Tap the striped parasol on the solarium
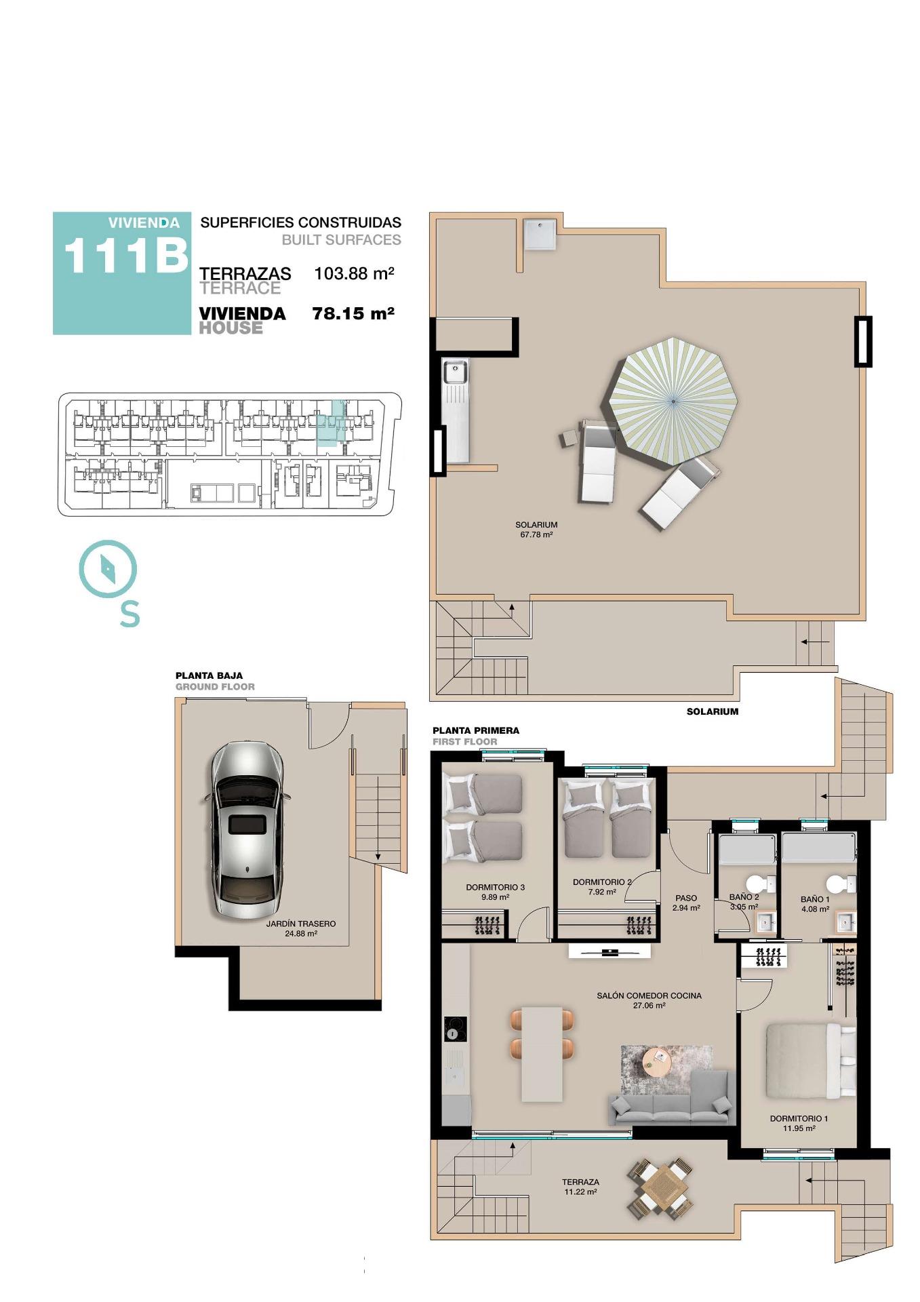click(x=673, y=401)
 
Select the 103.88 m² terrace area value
click(x=354, y=274)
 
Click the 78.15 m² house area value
click(x=353, y=313)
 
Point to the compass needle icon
click(x=108, y=568)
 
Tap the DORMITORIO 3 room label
click(x=495, y=887)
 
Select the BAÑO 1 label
click(x=814, y=900)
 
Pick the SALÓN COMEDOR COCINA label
click(x=649, y=995)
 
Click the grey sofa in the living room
click(x=671, y=1101)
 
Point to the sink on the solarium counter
click(x=454, y=372)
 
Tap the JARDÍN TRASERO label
click(x=300, y=924)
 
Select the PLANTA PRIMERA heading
click(x=476, y=730)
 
